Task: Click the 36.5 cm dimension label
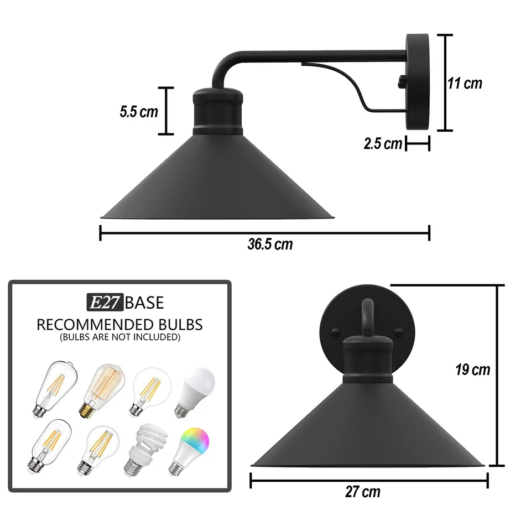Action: pyautogui.click(x=270, y=244)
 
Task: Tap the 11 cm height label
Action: pyautogui.click(x=465, y=84)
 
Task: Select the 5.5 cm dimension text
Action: pyautogui.click(x=139, y=111)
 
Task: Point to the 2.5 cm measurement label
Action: pyautogui.click(x=383, y=144)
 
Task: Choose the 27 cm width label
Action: pyautogui.click(x=363, y=491)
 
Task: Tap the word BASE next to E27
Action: pyautogui.click(x=144, y=303)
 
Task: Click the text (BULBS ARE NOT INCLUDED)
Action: pyautogui.click(x=119, y=336)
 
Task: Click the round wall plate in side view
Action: pyautogui.click(x=418, y=82)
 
